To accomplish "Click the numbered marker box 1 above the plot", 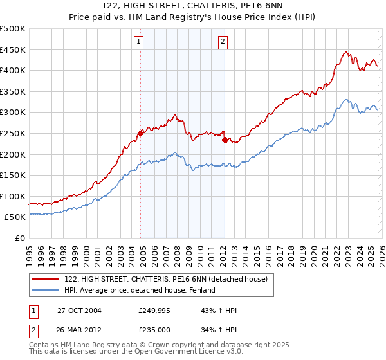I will pyautogui.click(x=139, y=42).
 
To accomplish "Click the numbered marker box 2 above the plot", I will pyautogui.click(x=223, y=42).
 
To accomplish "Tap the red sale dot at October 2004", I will pyautogui.click(x=140, y=133).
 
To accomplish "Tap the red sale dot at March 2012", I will pyautogui.click(x=225, y=139).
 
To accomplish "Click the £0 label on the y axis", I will pyautogui.click(x=19, y=238).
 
